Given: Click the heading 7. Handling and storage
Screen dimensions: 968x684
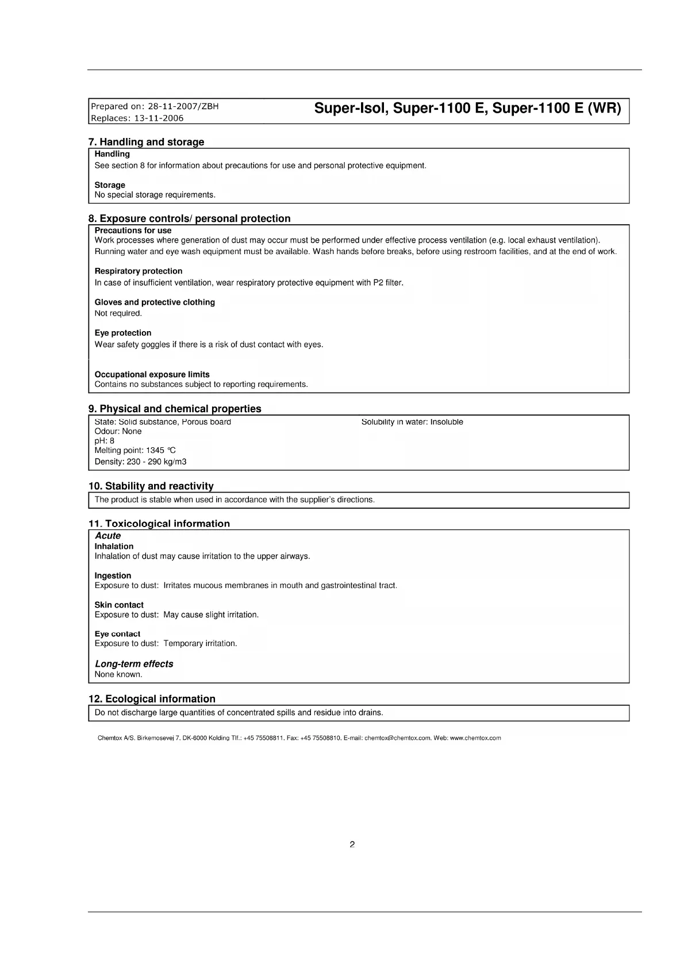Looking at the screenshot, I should click(x=146, y=142).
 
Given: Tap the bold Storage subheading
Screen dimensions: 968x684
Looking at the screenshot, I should click(x=110, y=185).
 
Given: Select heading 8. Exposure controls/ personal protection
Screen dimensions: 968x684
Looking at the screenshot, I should click(x=189, y=218).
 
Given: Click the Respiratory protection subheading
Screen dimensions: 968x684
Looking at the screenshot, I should click(x=139, y=271).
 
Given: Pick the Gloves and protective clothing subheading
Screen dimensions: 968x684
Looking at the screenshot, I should click(x=155, y=302).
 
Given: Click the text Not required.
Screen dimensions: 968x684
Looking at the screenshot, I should click(x=118, y=313).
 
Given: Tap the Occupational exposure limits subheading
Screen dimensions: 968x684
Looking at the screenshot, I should click(x=152, y=374).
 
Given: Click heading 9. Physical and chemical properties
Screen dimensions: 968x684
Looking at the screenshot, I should click(x=175, y=409).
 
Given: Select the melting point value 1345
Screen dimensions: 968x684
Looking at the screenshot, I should click(x=155, y=451).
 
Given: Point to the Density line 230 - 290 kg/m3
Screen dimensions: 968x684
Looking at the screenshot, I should click(x=140, y=462).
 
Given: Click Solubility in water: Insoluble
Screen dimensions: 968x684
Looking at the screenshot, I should click(x=412, y=422).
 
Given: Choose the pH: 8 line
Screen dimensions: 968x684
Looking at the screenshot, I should click(x=105, y=441).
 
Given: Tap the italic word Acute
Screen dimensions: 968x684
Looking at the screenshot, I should click(x=108, y=536).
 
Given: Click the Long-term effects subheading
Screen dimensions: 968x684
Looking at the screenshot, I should click(x=134, y=664).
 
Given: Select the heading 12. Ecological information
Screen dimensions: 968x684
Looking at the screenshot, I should click(x=152, y=699).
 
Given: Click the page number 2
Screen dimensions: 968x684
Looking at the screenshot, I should click(x=352, y=844).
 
